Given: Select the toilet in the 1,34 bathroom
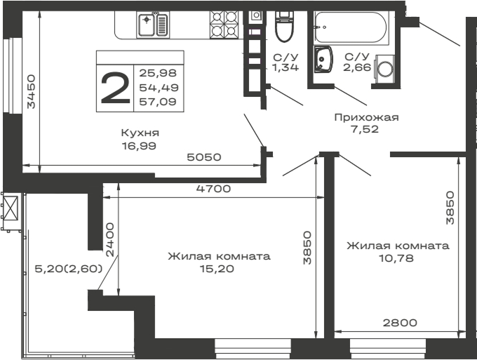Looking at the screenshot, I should coord(285,27).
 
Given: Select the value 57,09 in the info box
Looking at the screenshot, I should coord(158,102).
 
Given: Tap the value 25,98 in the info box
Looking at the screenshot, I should coord(158,73).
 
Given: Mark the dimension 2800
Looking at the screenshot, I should coord(400,323).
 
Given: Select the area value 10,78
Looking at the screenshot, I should coord(396,258).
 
